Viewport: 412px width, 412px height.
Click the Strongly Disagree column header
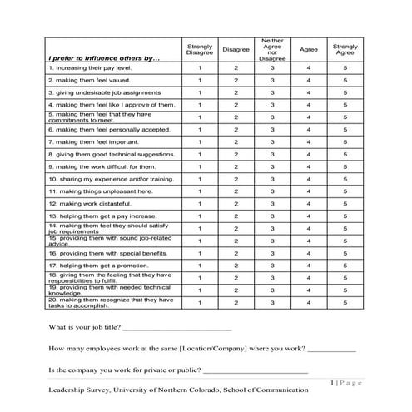pyautogui.click(x=200, y=51)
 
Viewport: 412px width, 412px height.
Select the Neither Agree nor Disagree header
pyautogui.click(x=271, y=50)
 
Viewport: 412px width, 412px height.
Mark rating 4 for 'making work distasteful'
pyautogui.click(x=309, y=203)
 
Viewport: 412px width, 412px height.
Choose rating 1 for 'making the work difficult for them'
pyautogui.click(x=200, y=166)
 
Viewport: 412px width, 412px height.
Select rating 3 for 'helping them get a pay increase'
pyautogui.click(x=271, y=216)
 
